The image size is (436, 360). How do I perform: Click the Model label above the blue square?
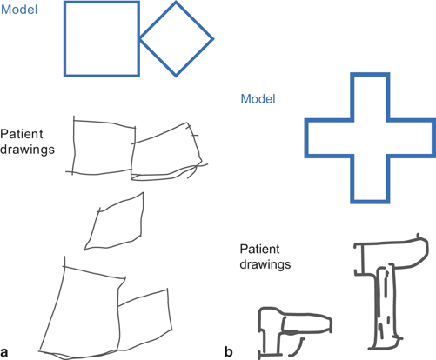coord(19,10)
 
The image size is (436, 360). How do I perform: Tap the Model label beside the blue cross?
coord(258,99)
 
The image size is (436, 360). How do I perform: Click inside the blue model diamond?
coord(176,39)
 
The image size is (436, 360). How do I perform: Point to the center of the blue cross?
coord(370,138)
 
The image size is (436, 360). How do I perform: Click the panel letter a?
coord(4,351)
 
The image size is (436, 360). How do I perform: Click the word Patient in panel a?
coord(22,134)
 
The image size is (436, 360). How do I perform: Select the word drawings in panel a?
coord(27,150)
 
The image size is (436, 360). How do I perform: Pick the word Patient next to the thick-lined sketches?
coord(260,249)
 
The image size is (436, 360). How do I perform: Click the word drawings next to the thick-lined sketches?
coord(265,264)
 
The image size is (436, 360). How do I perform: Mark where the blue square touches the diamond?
coord(140,38)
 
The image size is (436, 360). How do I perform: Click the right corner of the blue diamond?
coord(214,39)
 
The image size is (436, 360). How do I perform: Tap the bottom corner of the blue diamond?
coord(176,77)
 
